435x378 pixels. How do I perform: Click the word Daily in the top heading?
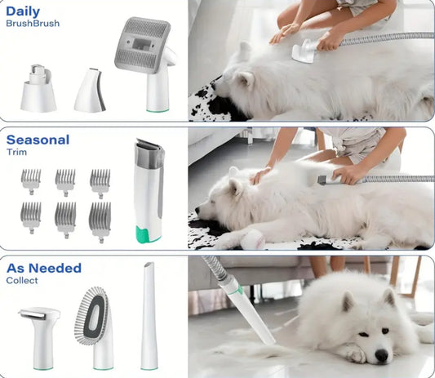[x=23, y=12]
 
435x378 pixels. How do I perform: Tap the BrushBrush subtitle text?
[x=33, y=24]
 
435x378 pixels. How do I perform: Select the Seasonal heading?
[x=38, y=140]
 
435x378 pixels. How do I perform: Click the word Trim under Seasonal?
[x=16, y=152]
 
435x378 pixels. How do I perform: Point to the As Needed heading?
[x=44, y=268]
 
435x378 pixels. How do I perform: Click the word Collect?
[x=22, y=280]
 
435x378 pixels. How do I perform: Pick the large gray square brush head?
[x=143, y=45]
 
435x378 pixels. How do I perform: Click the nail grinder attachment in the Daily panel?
[x=38, y=88]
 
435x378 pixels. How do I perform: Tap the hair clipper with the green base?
[x=149, y=191]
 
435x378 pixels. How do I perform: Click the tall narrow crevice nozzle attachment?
[x=149, y=316]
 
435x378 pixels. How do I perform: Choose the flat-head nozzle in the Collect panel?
[x=40, y=338]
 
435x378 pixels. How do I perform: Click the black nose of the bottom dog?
[x=381, y=354]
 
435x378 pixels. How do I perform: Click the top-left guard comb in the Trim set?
[x=31, y=182]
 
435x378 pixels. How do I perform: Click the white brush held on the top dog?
[x=304, y=52]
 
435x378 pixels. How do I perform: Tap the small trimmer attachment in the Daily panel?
[x=90, y=91]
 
